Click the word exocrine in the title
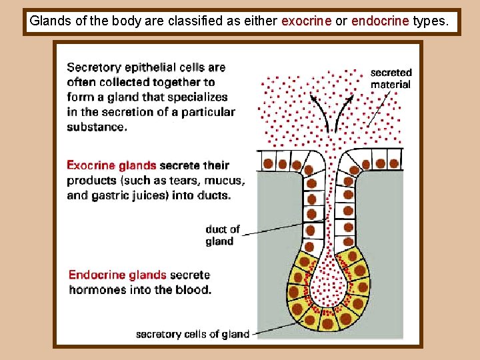(306, 21)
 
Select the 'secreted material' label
(391, 78)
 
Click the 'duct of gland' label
(223, 235)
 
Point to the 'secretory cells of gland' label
(192, 334)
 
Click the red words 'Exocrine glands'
(111, 166)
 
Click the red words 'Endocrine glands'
(117, 275)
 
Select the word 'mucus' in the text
(223, 181)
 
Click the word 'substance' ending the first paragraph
(96, 127)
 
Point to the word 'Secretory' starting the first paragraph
(94, 67)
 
